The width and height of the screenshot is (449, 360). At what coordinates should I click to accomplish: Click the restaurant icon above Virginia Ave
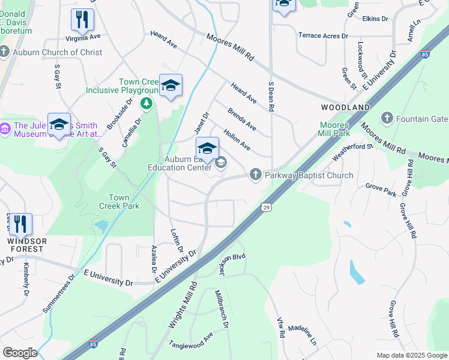[x=82, y=20]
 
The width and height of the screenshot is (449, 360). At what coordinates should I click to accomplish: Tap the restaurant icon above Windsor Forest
[x=20, y=224]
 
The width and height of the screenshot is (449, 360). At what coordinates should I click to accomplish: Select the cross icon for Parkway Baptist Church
[x=255, y=175]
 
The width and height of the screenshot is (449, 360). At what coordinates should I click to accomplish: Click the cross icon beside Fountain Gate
[x=387, y=119]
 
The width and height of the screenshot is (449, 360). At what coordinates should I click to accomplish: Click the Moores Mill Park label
[x=334, y=129]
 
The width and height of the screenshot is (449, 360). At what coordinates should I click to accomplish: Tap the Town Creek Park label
[x=124, y=202]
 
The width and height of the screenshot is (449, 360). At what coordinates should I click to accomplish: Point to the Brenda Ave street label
[x=242, y=119]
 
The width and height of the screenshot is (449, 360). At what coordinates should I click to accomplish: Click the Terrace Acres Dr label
[x=323, y=35]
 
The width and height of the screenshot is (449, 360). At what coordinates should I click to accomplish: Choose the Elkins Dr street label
[x=375, y=19]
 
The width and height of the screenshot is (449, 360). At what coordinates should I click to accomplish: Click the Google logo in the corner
[x=19, y=353]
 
